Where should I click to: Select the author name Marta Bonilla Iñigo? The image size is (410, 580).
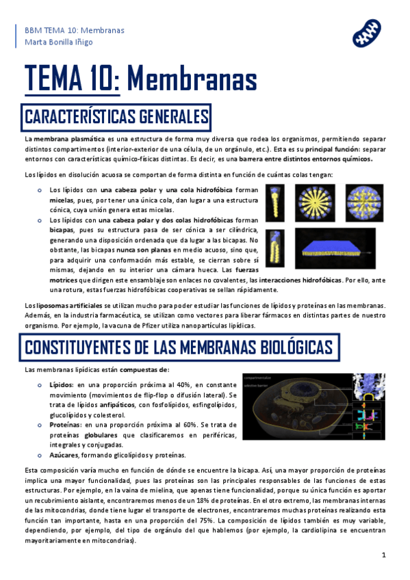(x=58, y=42)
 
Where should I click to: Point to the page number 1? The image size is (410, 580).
(x=384, y=555)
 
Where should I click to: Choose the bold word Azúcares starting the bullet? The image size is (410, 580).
(x=66, y=455)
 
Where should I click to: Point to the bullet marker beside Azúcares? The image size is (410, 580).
(x=40, y=455)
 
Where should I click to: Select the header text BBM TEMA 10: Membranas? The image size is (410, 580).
(x=65, y=30)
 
